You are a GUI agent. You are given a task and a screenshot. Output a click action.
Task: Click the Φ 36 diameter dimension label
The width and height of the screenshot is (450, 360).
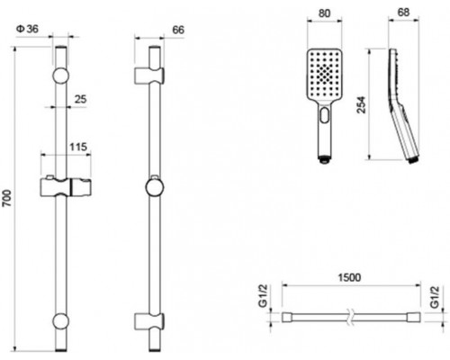pos(28,29)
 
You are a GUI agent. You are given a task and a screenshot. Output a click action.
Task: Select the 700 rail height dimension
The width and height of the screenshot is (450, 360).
pos(6,198)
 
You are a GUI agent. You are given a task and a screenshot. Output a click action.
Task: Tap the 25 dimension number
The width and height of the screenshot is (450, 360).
pos(80,99)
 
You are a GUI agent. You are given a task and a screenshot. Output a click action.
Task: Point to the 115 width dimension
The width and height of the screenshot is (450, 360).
pos(78,147)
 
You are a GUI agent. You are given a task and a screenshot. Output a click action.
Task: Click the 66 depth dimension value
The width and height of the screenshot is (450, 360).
pos(178,30)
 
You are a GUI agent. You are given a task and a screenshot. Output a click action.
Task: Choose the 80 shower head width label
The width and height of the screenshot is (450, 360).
pos(324,13)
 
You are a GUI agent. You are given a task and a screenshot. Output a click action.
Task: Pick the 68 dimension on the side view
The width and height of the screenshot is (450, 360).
pos(403,13)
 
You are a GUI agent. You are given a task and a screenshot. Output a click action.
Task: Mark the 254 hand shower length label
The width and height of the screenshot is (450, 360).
pos(362,104)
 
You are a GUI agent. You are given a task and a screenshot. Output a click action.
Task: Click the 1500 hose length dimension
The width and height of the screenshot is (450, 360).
pos(349,277)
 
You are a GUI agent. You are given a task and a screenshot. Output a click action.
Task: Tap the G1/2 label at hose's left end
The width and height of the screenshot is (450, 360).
pos(263,296)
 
